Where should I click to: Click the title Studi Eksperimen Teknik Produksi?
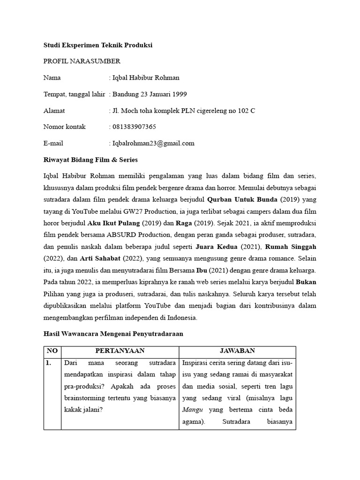click(98, 45)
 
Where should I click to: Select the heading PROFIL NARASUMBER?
click(82, 61)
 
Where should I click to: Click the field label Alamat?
click(54, 111)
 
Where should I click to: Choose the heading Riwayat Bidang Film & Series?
click(90, 160)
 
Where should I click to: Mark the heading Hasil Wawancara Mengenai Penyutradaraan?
click(113, 334)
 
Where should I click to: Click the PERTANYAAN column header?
click(120, 351)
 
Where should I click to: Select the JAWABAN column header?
click(237, 351)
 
